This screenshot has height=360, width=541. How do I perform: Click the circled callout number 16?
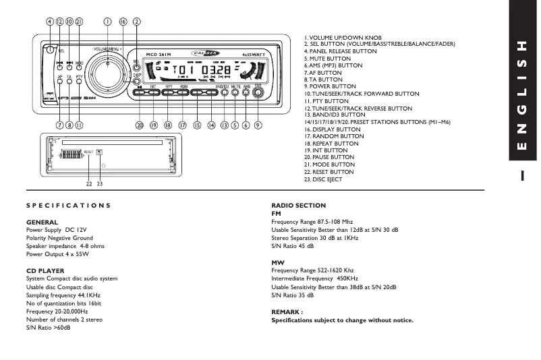[x=122, y=21]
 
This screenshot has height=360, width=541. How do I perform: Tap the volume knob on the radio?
[x=107, y=69]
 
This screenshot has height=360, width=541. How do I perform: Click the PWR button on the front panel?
[x=258, y=93]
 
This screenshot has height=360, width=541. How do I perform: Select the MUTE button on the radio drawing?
[x=235, y=92]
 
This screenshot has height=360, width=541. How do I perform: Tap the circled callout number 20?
[x=140, y=125]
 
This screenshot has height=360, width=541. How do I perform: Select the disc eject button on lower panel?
[x=99, y=152]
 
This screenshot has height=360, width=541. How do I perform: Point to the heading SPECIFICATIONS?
[x=68, y=205]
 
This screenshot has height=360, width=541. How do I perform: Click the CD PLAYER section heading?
[x=45, y=270]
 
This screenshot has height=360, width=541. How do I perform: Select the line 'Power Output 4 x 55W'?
[x=57, y=254]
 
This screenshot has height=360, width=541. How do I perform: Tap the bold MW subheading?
[x=277, y=262]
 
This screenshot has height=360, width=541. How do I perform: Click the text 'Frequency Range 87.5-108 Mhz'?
[x=312, y=221]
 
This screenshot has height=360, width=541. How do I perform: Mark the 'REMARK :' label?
[x=287, y=312]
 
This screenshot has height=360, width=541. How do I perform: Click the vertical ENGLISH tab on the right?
[x=521, y=94]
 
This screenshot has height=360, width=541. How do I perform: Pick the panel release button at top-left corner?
[x=50, y=49]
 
